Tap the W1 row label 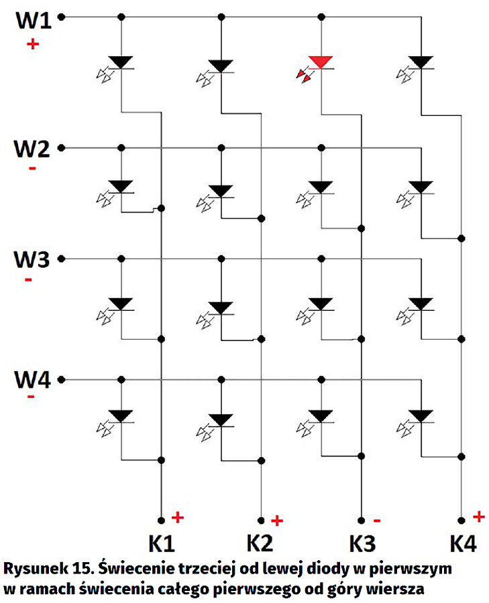34,19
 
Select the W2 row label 34,149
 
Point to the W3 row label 34,259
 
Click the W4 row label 34,381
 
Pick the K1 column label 161,543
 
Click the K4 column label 463,543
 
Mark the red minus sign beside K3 377,521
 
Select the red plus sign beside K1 177,517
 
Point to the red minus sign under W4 31,397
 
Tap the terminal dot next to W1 62,18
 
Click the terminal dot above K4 461,520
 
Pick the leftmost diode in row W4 121,415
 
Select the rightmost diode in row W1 421,63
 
